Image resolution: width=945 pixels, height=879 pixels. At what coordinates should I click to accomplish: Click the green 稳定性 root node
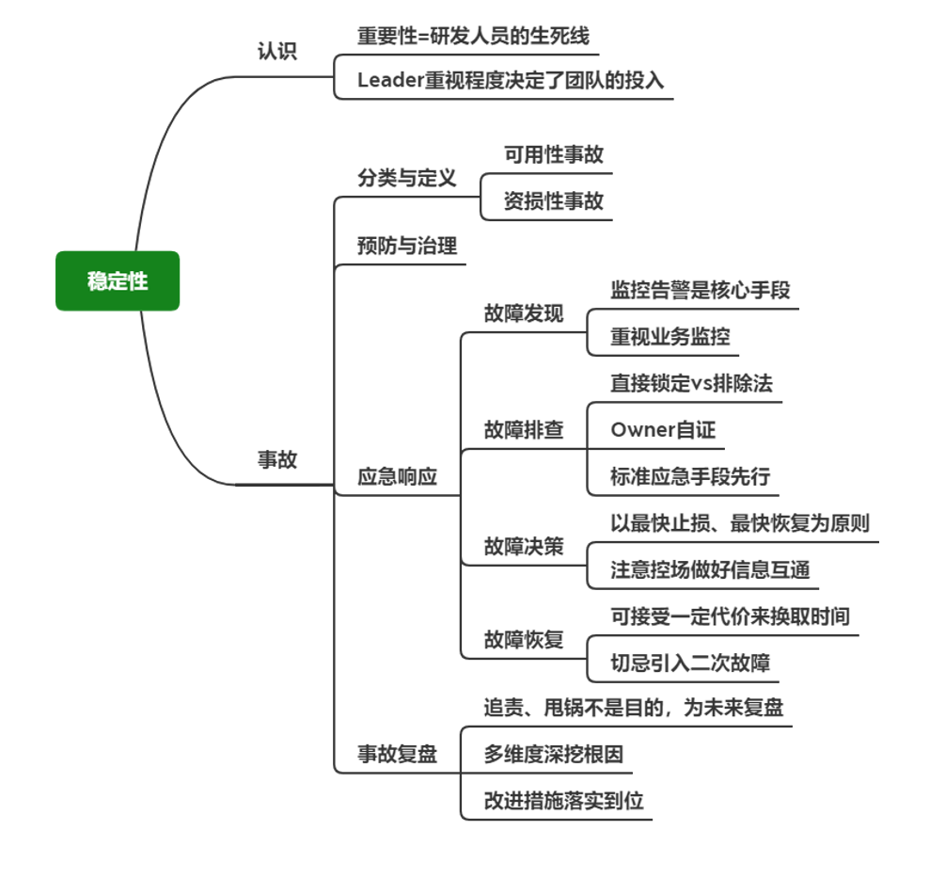click(x=118, y=280)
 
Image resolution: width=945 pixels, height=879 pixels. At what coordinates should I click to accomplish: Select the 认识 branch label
click(x=277, y=52)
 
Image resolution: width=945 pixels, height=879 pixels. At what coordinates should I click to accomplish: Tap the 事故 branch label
click(x=277, y=460)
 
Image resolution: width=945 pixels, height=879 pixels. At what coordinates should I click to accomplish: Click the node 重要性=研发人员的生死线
click(x=473, y=37)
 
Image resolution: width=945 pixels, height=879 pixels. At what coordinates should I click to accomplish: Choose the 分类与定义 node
click(x=406, y=178)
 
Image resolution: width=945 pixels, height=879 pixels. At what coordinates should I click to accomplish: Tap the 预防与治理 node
click(x=406, y=247)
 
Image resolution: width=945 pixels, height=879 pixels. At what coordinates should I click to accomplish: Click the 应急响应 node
click(x=397, y=476)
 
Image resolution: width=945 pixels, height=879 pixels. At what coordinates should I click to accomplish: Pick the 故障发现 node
click(x=523, y=313)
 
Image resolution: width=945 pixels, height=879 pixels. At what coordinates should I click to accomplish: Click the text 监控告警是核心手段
click(x=700, y=290)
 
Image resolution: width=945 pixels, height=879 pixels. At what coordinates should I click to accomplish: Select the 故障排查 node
click(x=523, y=430)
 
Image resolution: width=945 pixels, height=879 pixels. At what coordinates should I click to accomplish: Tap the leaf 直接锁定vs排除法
click(x=691, y=383)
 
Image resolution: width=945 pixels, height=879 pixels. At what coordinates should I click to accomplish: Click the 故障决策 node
click(x=523, y=546)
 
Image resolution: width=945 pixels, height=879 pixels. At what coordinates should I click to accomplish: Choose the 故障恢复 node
click(x=523, y=640)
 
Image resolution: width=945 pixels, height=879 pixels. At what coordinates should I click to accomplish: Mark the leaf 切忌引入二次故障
click(x=690, y=663)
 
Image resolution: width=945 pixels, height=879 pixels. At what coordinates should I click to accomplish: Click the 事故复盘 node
click(x=397, y=754)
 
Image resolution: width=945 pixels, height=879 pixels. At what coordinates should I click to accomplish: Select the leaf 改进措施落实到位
click(x=563, y=801)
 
